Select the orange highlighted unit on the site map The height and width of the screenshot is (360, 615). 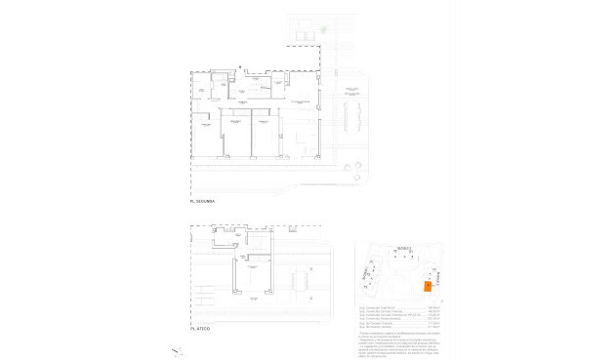coord(427,286)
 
